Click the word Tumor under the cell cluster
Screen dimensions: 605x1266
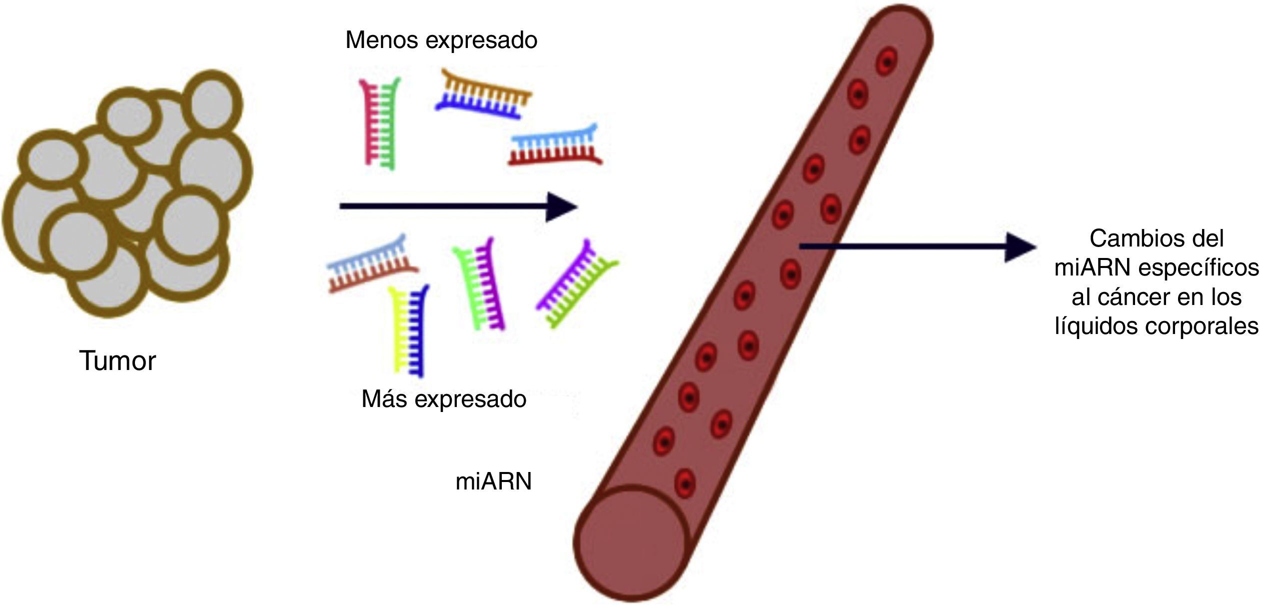[x=117, y=361]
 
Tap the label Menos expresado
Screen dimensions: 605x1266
[x=441, y=40]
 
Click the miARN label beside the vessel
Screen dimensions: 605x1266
[x=493, y=481]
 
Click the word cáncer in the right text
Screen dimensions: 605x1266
[x=1131, y=297]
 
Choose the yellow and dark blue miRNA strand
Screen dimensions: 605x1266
[x=409, y=330]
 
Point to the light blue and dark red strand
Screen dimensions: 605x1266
[x=555, y=146]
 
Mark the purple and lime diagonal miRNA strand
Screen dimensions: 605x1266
[x=577, y=284]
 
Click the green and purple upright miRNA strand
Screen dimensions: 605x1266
[x=479, y=284]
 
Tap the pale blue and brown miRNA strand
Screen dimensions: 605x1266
[x=372, y=263]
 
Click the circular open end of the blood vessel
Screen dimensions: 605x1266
[x=631, y=542]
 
